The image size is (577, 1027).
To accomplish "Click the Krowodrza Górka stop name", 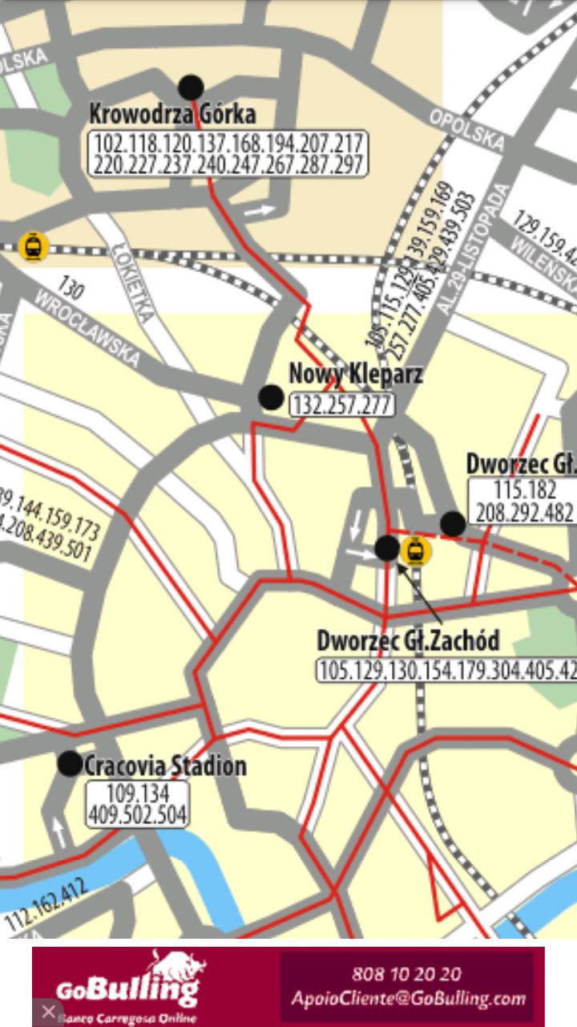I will [x=172, y=114].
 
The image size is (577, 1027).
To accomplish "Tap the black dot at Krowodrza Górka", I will [x=191, y=87].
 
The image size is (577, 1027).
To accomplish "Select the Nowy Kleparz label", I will [x=355, y=374].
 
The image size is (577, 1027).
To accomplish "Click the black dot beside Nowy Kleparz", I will [x=271, y=396].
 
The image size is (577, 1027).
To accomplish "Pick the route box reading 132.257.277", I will [x=342, y=404].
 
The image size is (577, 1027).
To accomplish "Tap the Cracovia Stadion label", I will [x=165, y=765].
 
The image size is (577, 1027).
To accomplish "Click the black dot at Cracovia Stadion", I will [x=71, y=764].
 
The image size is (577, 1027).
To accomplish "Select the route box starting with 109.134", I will [x=138, y=805].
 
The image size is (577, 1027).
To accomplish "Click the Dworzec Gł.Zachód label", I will [x=408, y=640].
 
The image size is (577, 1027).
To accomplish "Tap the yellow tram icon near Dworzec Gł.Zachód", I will [x=415, y=550].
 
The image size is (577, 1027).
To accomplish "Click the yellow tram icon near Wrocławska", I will [x=33, y=246].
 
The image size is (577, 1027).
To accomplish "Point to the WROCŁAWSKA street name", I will [x=88, y=330].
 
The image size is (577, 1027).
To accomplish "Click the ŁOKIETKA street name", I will [x=133, y=272].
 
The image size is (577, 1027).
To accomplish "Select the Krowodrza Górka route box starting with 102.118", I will [x=228, y=154].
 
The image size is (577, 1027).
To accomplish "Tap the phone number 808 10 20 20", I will [x=406, y=974].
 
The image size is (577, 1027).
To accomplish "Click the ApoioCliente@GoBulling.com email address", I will [x=409, y=999].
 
